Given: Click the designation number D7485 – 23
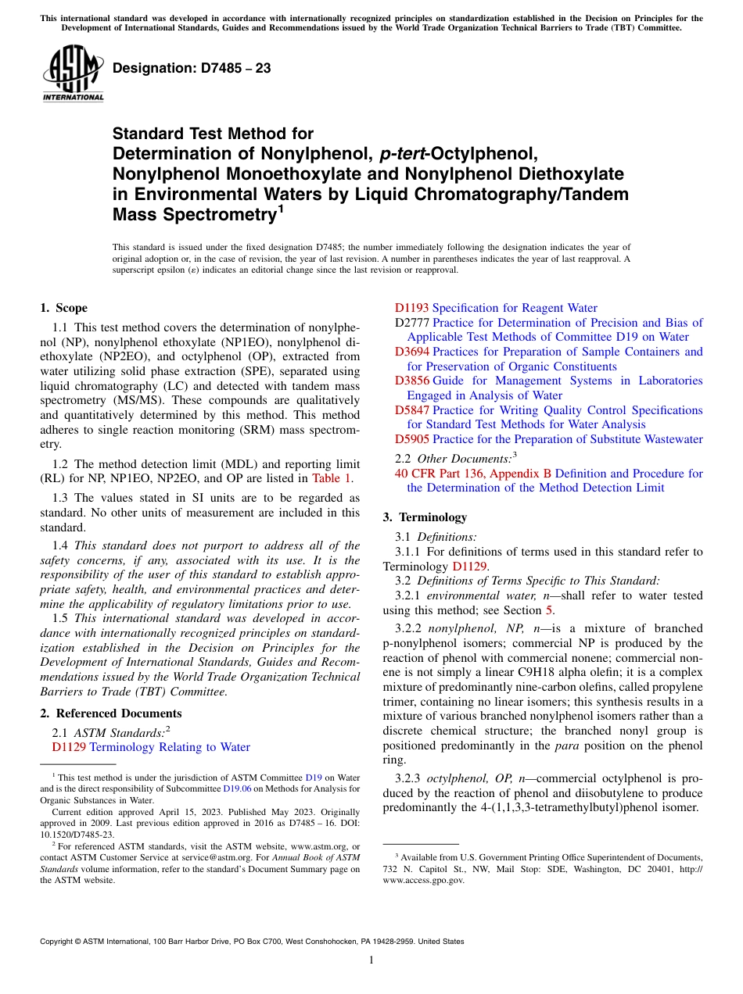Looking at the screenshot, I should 192,68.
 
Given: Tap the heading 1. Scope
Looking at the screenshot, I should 64,308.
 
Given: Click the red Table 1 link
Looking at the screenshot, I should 332,478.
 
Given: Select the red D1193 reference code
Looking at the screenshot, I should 411,308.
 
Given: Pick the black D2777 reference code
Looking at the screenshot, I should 411,323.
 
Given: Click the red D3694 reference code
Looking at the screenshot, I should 411,352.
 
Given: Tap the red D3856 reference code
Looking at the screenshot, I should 411,381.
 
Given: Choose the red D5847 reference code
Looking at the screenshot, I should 411,410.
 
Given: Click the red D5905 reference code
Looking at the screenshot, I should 411,439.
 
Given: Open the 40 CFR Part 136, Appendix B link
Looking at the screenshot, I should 474,474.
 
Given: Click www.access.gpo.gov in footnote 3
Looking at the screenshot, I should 423,880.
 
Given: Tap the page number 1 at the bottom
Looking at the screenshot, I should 371,960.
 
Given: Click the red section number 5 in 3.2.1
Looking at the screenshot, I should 548,610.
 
